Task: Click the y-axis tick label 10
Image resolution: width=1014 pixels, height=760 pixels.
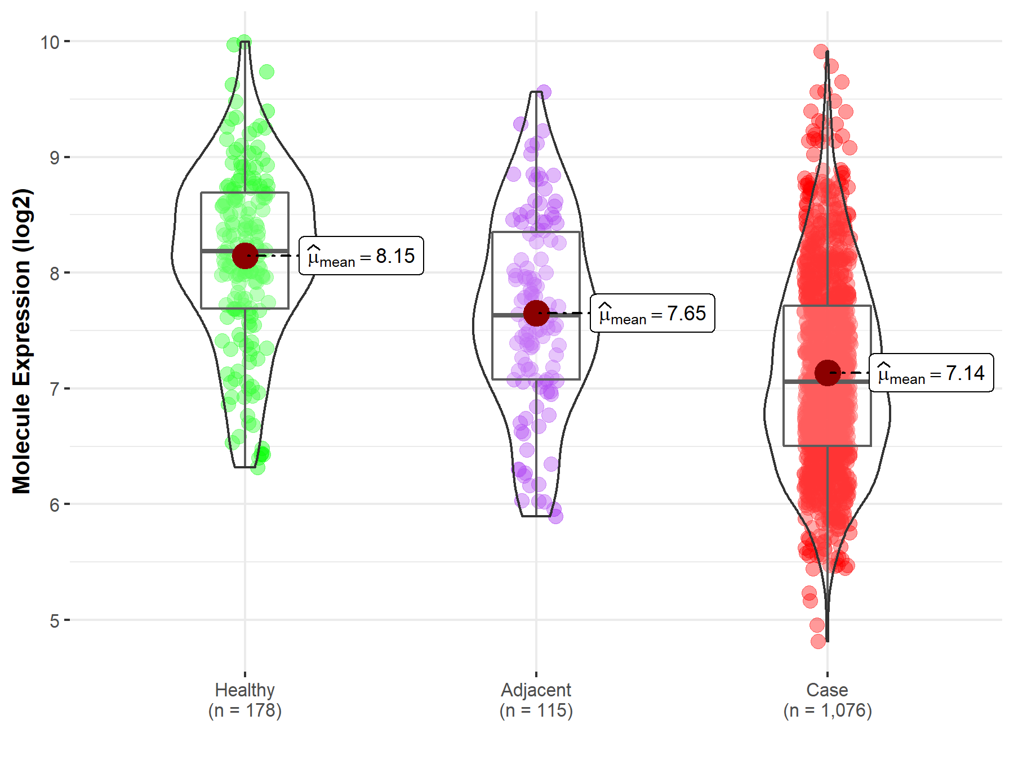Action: pyautogui.click(x=50, y=42)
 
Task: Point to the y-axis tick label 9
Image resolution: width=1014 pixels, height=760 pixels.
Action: pyautogui.click(x=54, y=158)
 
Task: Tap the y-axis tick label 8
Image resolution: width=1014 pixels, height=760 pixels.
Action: pyautogui.click(x=54, y=274)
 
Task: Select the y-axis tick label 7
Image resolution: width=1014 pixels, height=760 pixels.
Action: pyautogui.click(x=54, y=389)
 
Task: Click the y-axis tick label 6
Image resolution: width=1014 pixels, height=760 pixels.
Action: pyautogui.click(x=54, y=505)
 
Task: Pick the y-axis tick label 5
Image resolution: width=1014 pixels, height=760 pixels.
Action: pyautogui.click(x=54, y=621)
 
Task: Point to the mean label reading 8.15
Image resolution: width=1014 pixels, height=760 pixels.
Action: pyautogui.click(x=361, y=256)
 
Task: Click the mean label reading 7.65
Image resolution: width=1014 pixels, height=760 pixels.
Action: pyautogui.click(x=652, y=314)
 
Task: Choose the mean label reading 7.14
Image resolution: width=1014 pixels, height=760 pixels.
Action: pyautogui.click(x=931, y=373)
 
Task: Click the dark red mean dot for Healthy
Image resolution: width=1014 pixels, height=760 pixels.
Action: pyautogui.click(x=245, y=256)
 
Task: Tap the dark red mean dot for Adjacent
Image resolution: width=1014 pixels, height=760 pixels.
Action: pyautogui.click(x=536, y=314)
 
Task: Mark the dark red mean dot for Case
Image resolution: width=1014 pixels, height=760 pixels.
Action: pyautogui.click(x=827, y=373)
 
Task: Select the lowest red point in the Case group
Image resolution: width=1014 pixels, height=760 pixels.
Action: pyautogui.click(x=819, y=641)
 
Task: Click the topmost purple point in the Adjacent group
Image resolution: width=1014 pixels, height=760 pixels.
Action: pyautogui.click(x=544, y=92)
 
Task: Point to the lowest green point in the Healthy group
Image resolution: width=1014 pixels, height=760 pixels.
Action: pyautogui.click(x=257, y=468)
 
